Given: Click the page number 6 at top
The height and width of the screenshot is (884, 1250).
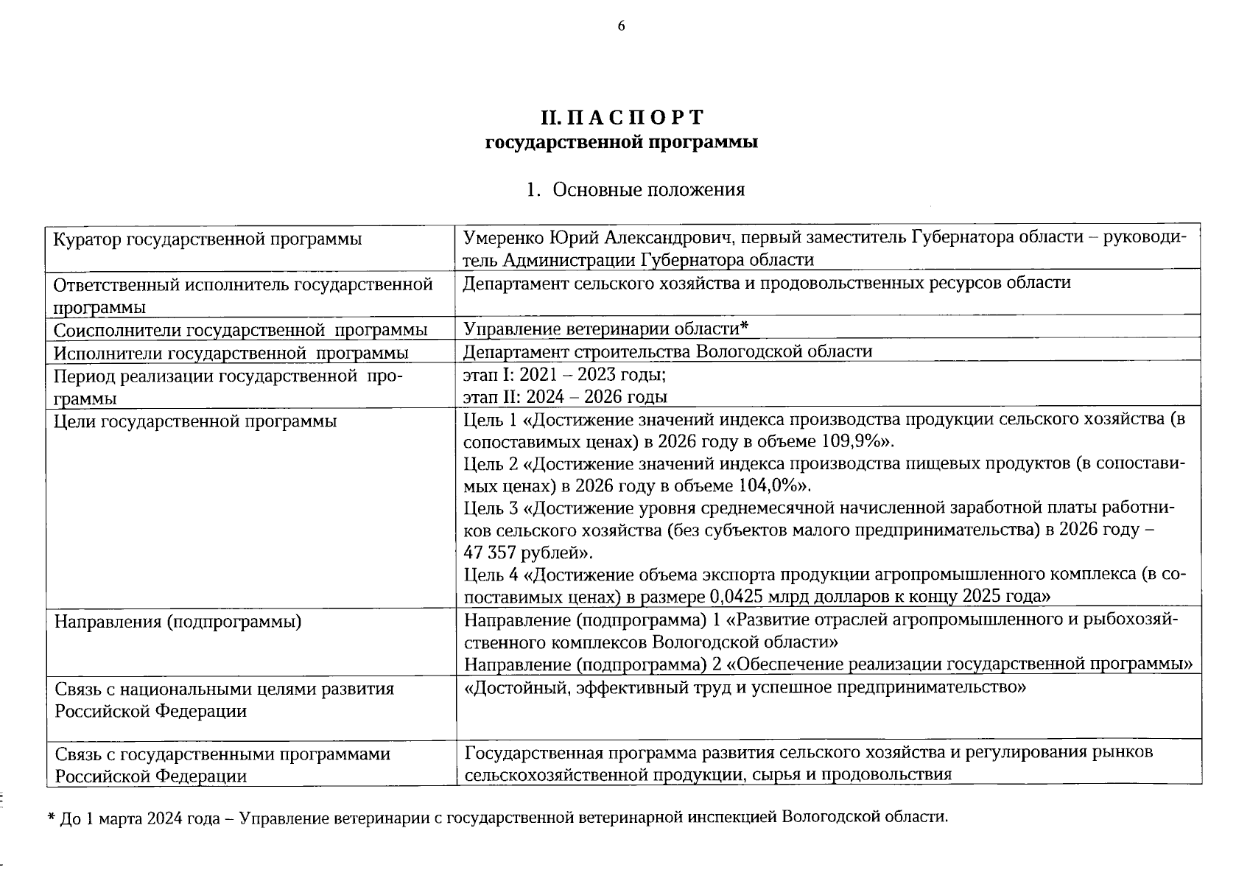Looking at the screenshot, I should pos(621,27).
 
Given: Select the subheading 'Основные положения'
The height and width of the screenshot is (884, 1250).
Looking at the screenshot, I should pos(648,190).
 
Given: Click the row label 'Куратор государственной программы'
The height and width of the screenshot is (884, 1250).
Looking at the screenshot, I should pos(208,239).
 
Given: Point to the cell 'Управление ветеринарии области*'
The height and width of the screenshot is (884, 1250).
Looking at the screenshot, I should pos(605,329).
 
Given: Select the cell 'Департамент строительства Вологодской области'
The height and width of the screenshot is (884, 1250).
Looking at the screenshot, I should pos(667,351).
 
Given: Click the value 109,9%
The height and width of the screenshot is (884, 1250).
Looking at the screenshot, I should pos(854,442).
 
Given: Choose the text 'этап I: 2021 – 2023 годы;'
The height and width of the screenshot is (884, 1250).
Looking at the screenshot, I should pos(564,375).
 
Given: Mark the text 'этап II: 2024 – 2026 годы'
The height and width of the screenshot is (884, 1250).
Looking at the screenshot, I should pos(565,397).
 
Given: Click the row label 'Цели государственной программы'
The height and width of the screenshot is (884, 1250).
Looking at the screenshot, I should pos(195,421).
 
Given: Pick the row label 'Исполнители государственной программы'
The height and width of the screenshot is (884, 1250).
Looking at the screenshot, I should pos(231,353).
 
